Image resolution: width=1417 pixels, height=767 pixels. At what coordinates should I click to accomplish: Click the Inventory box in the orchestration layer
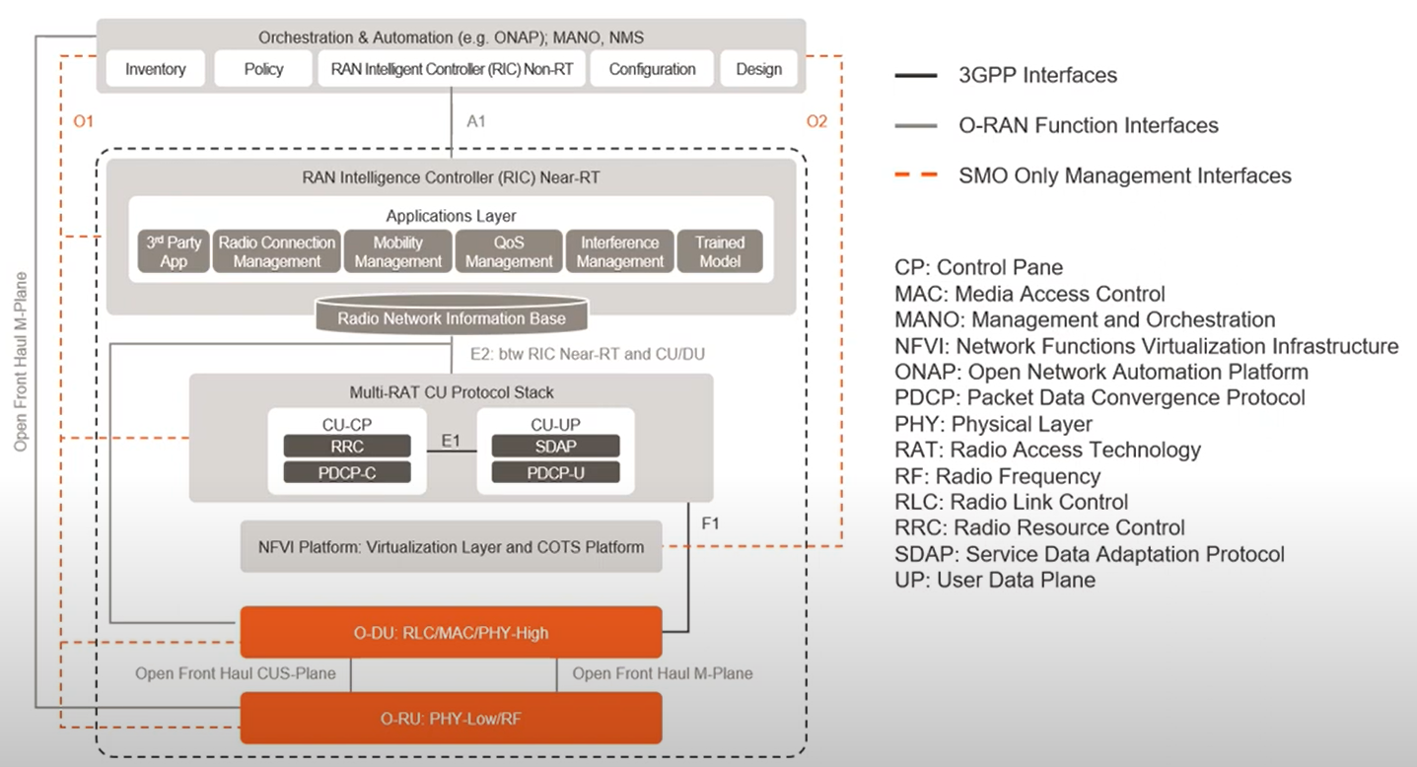(x=155, y=69)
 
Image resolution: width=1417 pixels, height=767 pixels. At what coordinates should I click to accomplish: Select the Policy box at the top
(x=263, y=69)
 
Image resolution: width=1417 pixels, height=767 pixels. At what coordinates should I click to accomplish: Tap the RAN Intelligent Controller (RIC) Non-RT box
(x=451, y=69)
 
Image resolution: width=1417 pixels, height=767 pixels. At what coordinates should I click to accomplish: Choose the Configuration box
(x=652, y=69)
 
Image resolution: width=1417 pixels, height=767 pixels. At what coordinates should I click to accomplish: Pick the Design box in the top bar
(x=758, y=69)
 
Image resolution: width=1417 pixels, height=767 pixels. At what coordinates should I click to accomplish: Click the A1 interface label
(x=476, y=121)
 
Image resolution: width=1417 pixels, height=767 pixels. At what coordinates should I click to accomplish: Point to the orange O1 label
(x=83, y=121)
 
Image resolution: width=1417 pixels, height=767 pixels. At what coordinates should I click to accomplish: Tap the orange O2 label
(x=816, y=121)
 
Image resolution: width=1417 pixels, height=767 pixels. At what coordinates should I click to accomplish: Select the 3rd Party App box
(x=173, y=251)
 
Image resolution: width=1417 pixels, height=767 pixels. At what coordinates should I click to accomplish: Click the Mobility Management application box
(x=397, y=251)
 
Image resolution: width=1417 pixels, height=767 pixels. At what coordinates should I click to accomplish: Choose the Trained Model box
(x=720, y=251)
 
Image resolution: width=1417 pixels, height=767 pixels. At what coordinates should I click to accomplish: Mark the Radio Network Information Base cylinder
(x=452, y=317)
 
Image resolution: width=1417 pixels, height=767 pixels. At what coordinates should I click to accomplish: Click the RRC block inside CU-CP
(x=347, y=447)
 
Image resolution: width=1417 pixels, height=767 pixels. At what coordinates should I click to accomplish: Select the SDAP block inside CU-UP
(x=556, y=447)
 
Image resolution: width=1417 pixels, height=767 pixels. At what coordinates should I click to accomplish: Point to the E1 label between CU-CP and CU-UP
(x=452, y=441)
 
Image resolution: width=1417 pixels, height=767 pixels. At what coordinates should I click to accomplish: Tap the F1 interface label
(x=710, y=523)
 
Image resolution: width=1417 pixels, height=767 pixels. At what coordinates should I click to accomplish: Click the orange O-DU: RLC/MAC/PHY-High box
(x=451, y=632)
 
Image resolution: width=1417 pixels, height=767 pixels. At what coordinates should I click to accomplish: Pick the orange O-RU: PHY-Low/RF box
(x=451, y=718)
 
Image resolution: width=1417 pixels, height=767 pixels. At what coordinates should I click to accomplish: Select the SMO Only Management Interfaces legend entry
(x=1124, y=175)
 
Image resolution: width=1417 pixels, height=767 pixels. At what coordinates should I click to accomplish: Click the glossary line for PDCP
(x=1099, y=397)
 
